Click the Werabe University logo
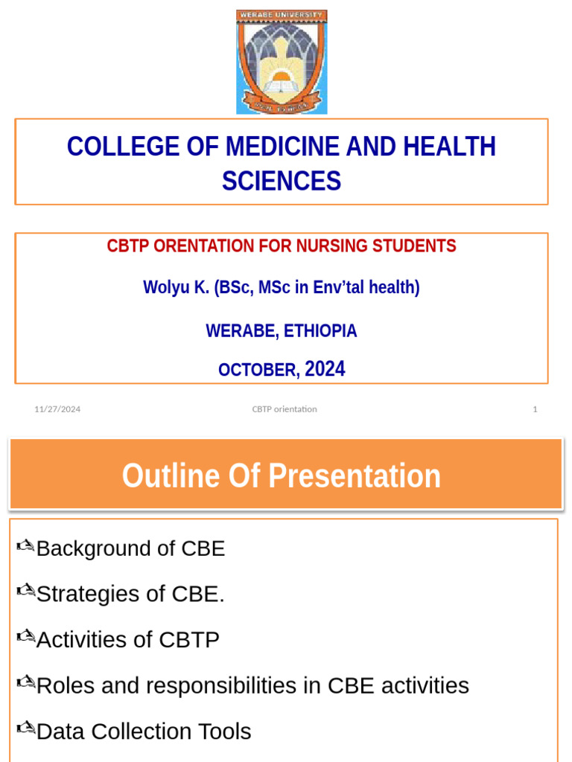(x=282, y=62)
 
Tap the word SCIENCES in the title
(x=282, y=181)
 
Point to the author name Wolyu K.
(x=176, y=288)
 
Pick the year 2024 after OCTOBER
(x=325, y=369)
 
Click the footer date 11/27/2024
(x=57, y=409)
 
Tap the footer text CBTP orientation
(x=284, y=409)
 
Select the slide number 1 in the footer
(x=535, y=409)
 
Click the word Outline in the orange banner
(x=171, y=476)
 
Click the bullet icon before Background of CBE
(x=25, y=547)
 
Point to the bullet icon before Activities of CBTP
(x=25, y=638)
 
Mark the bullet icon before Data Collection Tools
(x=25, y=730)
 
